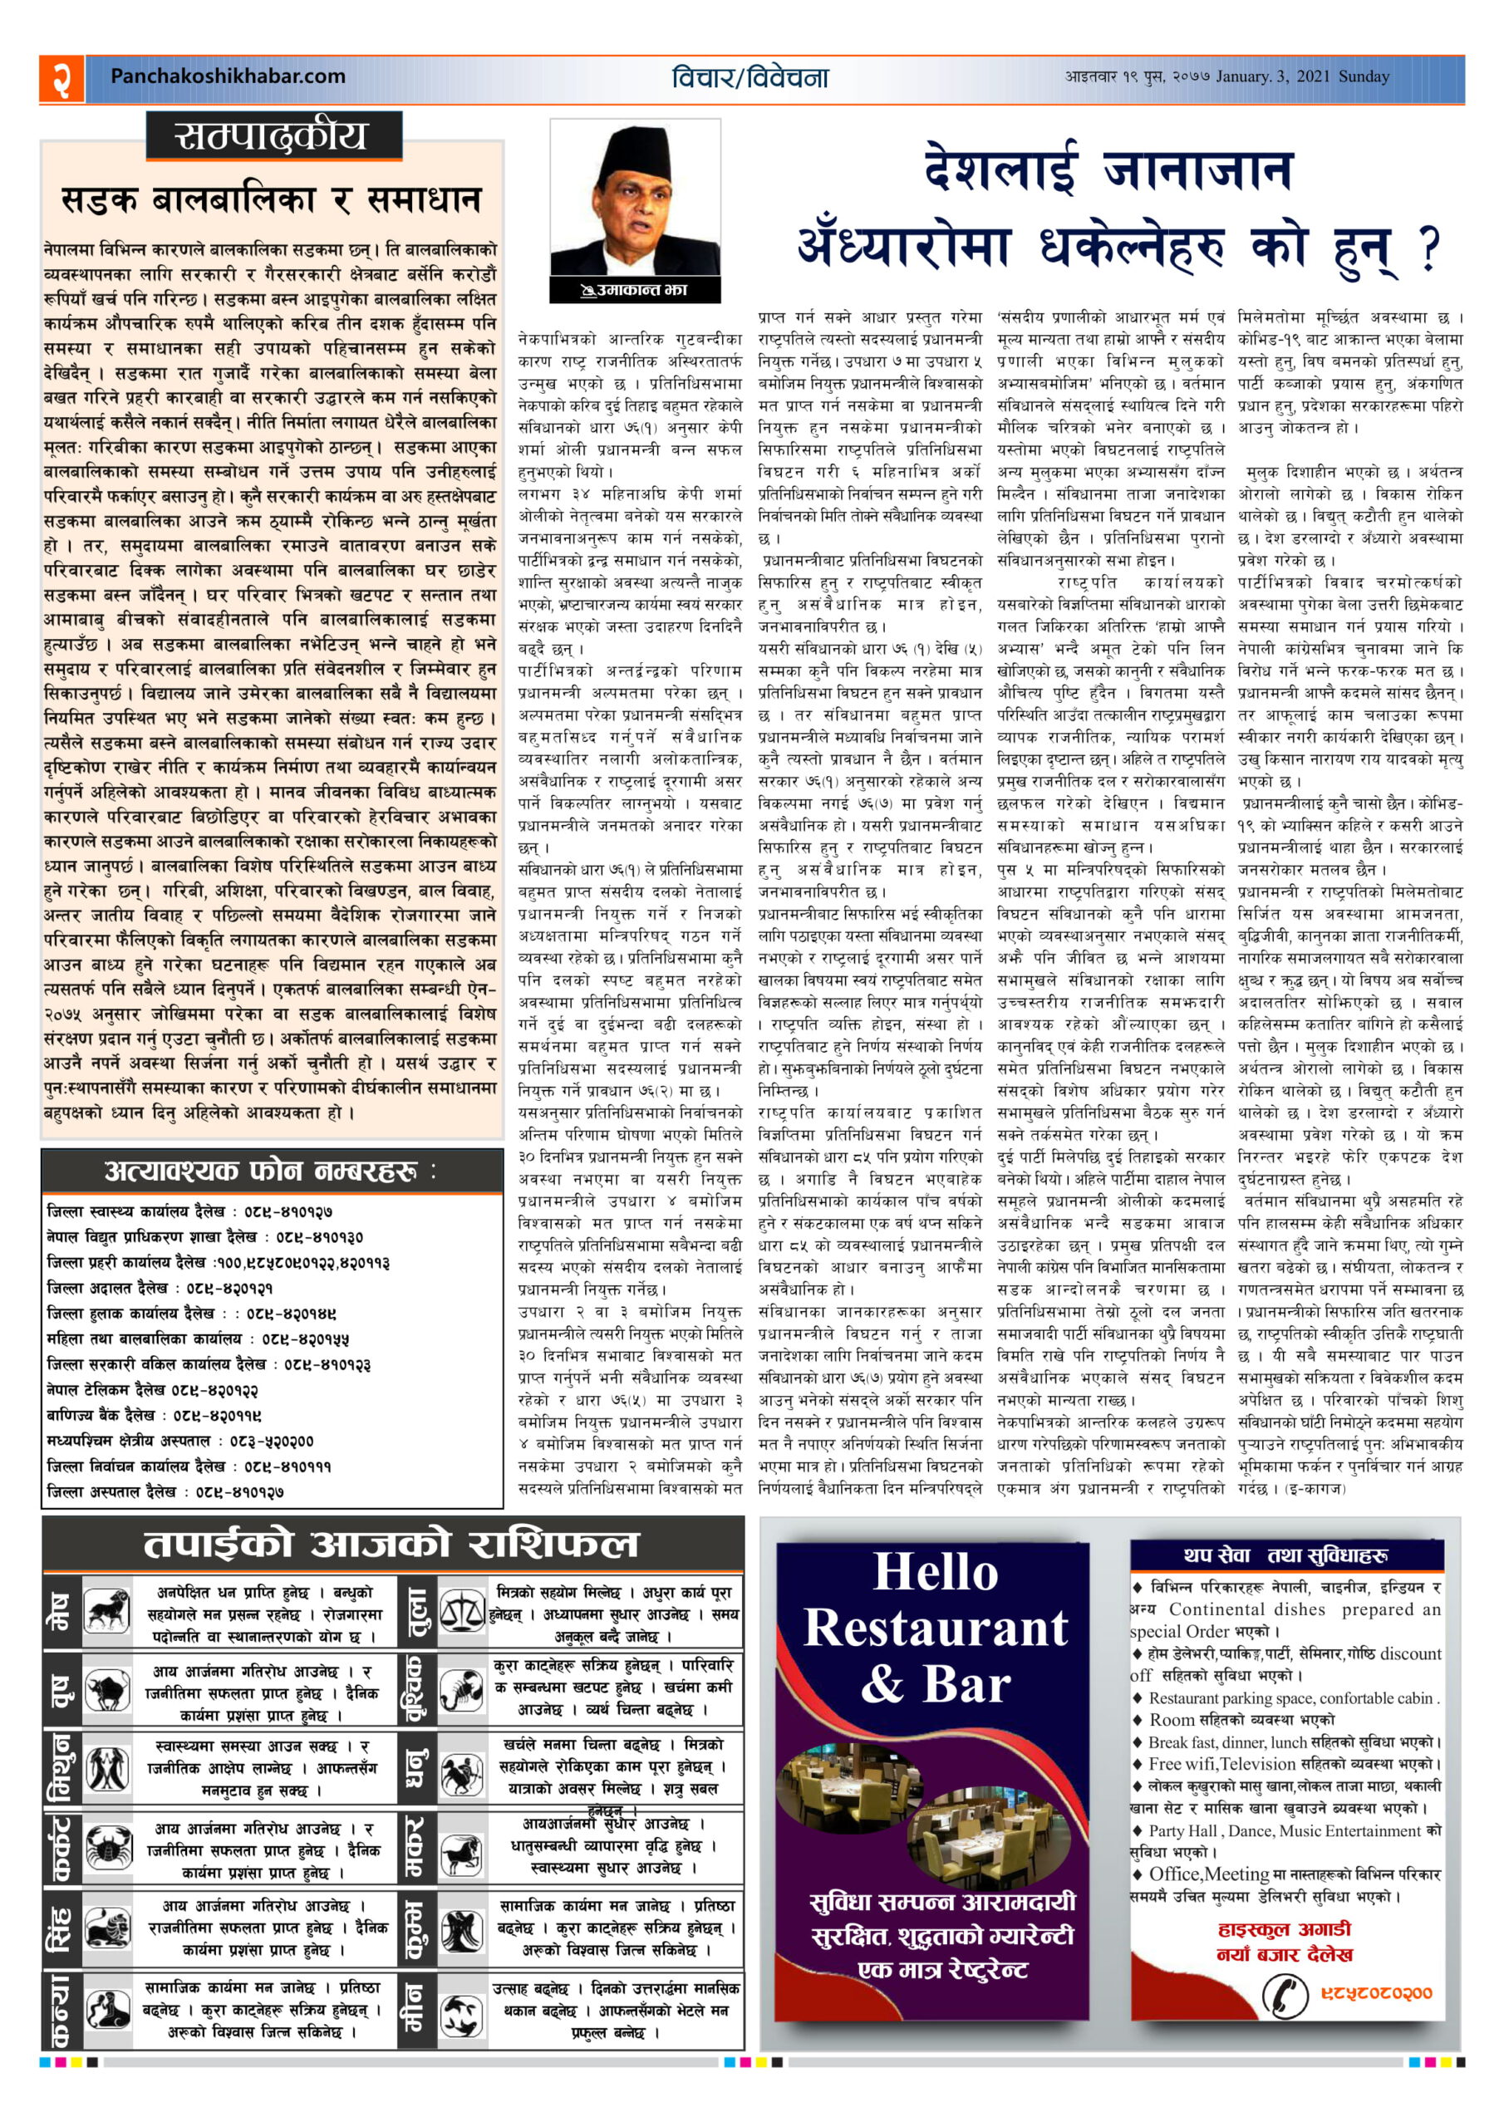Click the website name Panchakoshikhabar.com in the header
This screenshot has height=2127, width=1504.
[227, 77]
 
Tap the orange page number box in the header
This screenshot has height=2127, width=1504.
[61, 78]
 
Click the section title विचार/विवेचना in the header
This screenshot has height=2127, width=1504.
[750, 78]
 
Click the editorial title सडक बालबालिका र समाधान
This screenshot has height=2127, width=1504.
[272, 200]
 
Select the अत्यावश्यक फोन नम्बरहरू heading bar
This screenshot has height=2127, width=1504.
[272, 1171]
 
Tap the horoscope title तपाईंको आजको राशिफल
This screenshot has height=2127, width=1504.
[391, 1544]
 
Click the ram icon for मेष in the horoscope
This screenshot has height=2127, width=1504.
[107, 1610]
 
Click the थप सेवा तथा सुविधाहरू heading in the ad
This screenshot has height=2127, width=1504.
[1285, 1555]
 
